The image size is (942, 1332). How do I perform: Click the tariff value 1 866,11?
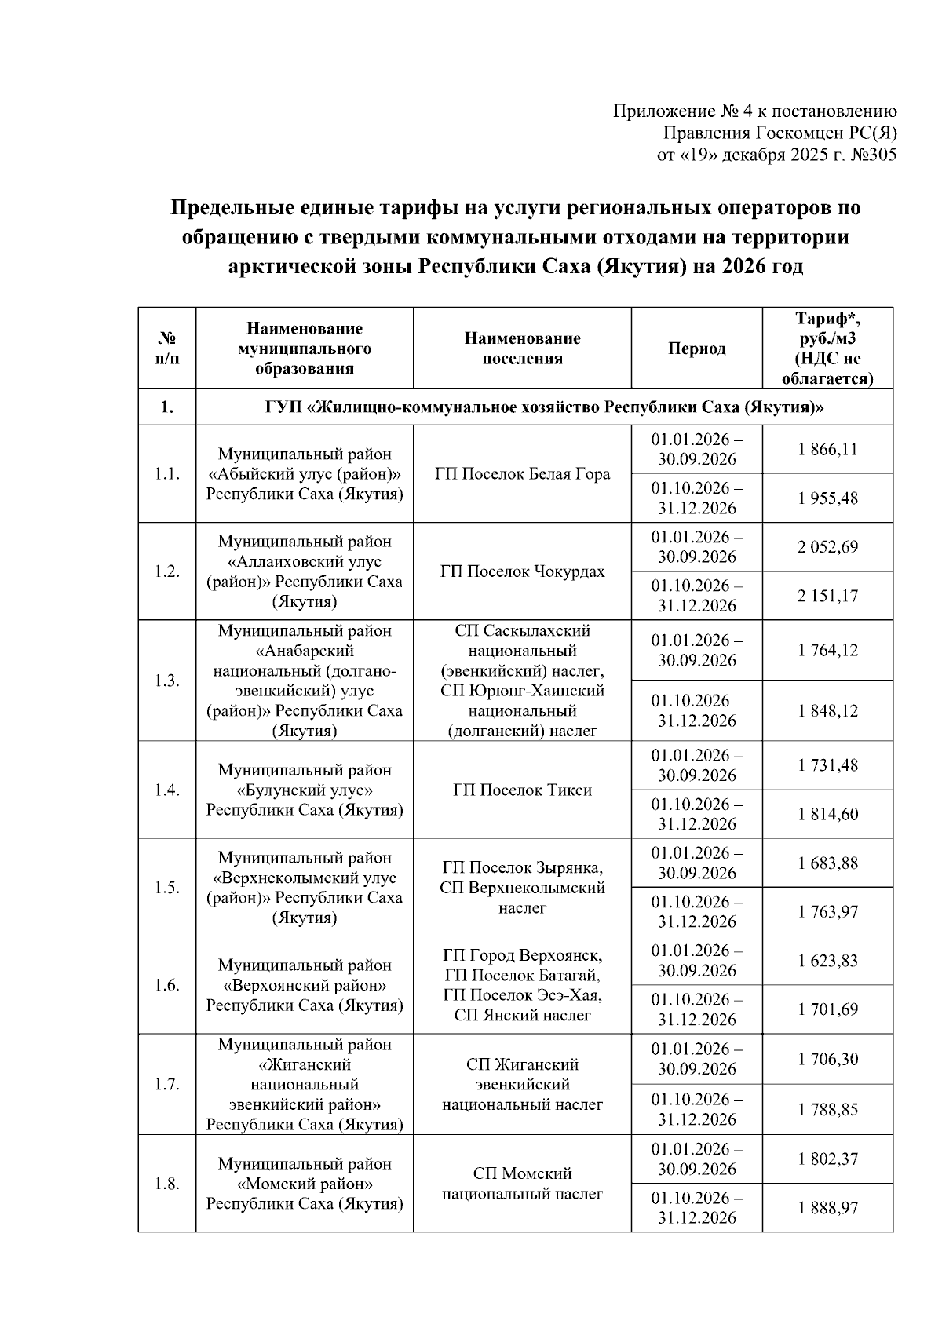tap(827, 450)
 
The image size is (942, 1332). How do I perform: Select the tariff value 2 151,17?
tap(827, 596)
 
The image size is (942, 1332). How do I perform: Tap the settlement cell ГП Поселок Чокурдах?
tap(522, 571)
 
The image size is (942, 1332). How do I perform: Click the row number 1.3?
tap(166, 681)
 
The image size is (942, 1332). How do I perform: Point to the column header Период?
tap(696, 349)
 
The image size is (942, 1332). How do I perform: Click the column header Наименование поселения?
tap(522, 349)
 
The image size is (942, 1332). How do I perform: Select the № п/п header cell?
tap(166, 349)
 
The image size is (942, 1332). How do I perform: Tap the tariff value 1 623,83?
tap(827, 961)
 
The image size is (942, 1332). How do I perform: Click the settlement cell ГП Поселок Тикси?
tap(522, 790)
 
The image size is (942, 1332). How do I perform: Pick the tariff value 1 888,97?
tap(827, 1208)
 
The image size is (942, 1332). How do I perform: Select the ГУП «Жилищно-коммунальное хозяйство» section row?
tap(543, 407)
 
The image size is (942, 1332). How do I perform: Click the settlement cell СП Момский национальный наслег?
tap(522, 1184)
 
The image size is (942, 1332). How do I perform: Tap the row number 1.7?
tap(166, 1084)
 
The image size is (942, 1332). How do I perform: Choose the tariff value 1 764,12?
tap(827, 650)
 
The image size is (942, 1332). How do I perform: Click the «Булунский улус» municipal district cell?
tap(305, 790)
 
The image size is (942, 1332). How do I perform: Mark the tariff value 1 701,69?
tap(827, 1009)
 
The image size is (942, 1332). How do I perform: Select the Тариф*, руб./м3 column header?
tap(827, 349)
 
